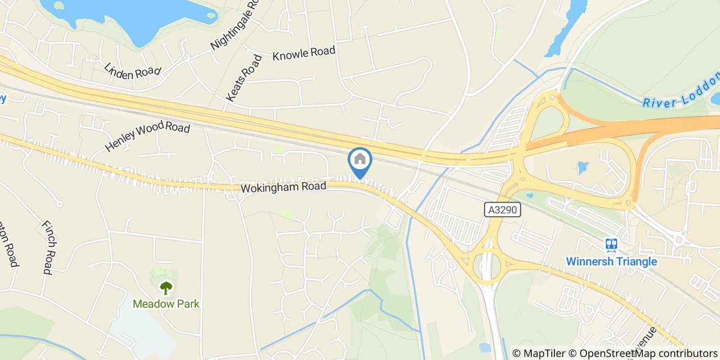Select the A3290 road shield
pyautogui.click(x=502, y=209)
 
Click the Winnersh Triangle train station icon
pyautogui.click(x=611, y=245)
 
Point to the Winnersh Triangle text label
pyautogui.click(x=611, y=261)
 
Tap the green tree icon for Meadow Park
pyautogui.click(x=166, y=287)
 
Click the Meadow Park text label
pyautogui.click(x=166, y=303)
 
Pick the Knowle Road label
pyautogui.click(x=303, y=53)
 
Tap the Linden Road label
pyautogui.click(x=132, y=71)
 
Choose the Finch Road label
pyautogui.click(x=48, y=247)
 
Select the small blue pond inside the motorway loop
pyautogui.click(x=583, y=167)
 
